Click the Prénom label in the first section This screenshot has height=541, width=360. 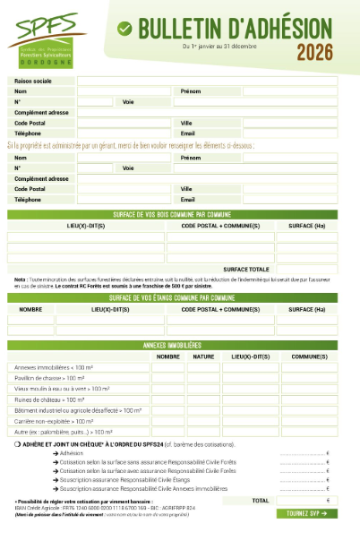(x=190, y=91)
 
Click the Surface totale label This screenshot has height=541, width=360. (x=247, y=269)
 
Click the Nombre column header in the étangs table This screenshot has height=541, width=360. (x=31, y=308)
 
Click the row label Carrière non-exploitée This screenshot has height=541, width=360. (x=54, y=420)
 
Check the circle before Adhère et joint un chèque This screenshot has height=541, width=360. (x=18, y=444)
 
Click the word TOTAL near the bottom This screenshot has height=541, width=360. (x=261, y=500)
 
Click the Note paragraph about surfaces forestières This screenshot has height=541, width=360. (x=170, y=282)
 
